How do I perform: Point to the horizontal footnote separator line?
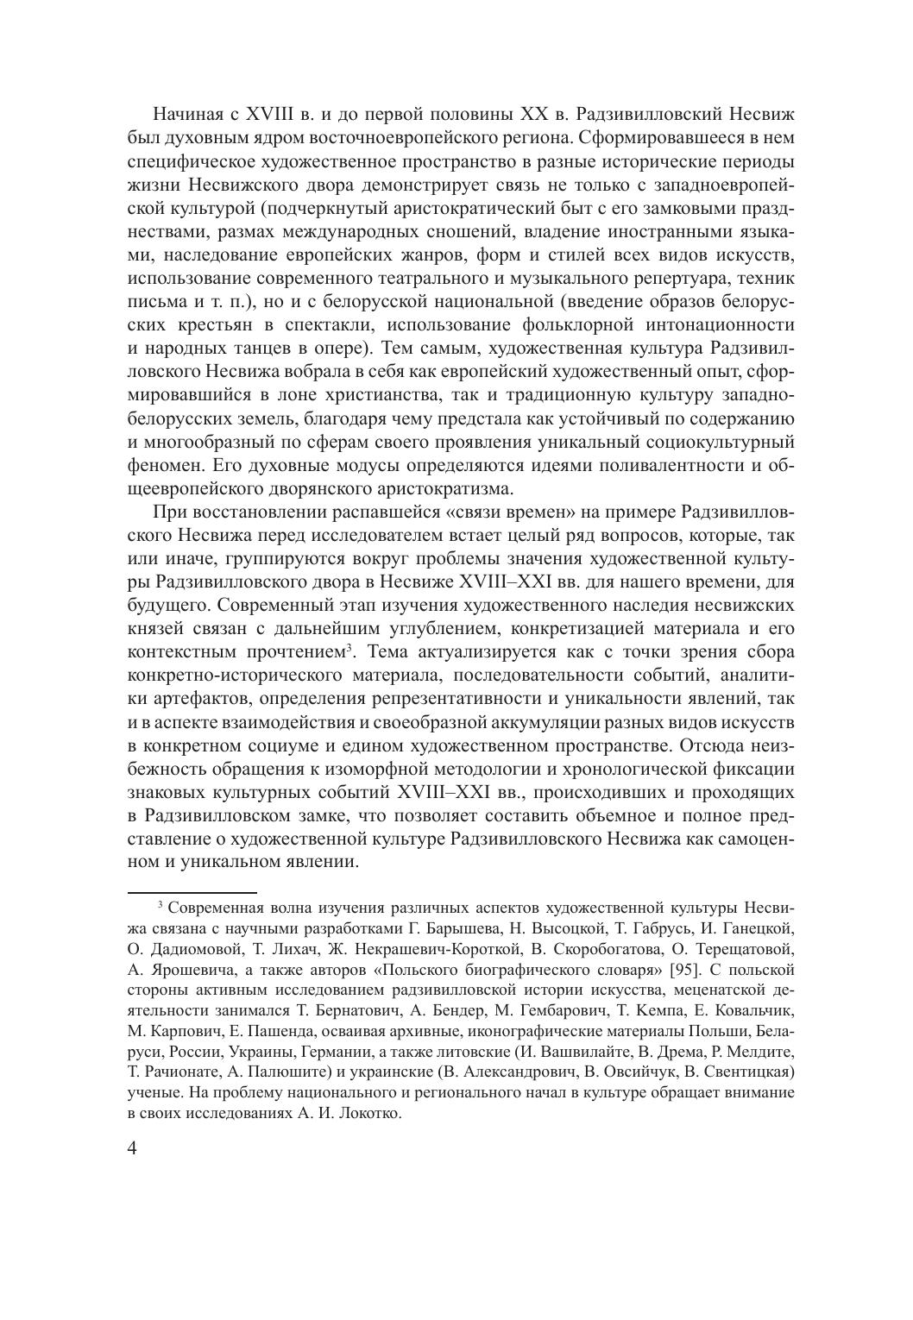pos(192,891)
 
